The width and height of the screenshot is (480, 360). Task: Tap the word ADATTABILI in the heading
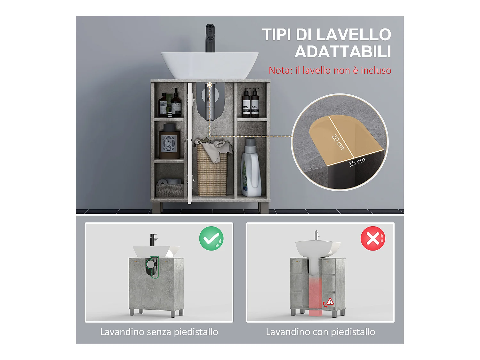point(343,52)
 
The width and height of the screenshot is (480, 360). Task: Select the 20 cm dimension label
point(338,142)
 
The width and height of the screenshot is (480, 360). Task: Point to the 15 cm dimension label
point(357,162)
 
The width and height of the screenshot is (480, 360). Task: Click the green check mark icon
point(211,238)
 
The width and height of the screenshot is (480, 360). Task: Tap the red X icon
point(373,238)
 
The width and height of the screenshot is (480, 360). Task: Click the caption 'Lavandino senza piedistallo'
point(159,332)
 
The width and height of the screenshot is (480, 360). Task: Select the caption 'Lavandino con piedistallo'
point(320,332)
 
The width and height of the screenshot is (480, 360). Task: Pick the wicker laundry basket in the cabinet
point(212,173)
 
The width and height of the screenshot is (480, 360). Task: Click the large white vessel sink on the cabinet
point(210,64)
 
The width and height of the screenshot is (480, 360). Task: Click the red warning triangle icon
point(330,301)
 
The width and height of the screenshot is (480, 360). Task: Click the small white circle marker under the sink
point(210,85)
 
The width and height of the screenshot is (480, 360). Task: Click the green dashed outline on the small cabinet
point(155,267)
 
